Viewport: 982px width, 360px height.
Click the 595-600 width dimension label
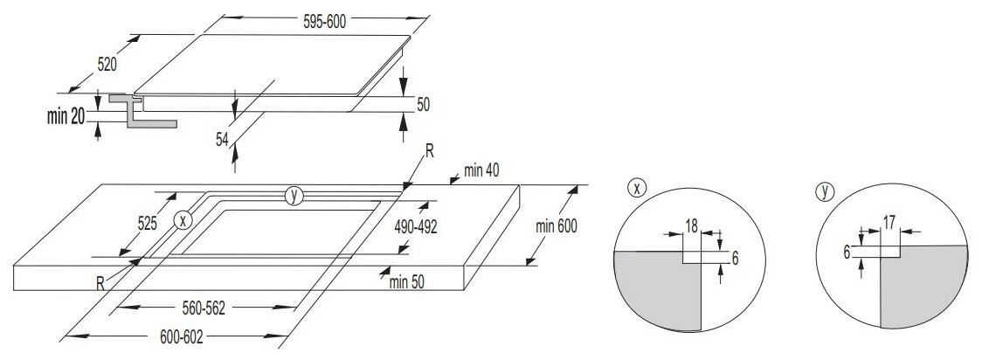324,23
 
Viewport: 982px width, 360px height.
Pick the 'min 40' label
481,171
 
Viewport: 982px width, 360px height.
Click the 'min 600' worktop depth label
556,226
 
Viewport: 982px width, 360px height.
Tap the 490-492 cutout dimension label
415,226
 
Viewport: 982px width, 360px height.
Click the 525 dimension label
146,224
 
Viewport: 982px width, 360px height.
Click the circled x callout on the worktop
183,220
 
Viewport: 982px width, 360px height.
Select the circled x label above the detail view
638,187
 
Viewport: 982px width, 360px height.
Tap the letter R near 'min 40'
429,151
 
